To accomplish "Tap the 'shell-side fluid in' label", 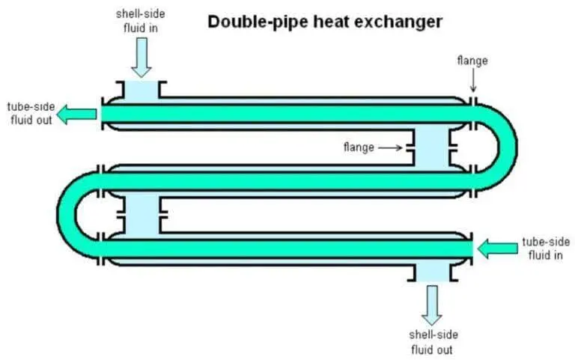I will pos(139,20).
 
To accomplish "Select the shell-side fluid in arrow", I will pos(140,57).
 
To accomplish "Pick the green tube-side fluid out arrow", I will pos(77,114).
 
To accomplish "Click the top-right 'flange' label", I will pos(472,61).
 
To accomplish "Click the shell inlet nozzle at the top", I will pos(140,91).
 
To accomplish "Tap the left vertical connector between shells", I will pos(140,213).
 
